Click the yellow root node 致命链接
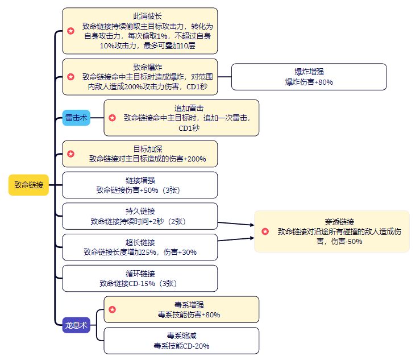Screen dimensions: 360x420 [28, 185]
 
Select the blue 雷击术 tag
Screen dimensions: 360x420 [76, 118]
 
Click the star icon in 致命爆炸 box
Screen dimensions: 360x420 [70, 76]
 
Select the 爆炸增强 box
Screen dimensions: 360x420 [309, 76]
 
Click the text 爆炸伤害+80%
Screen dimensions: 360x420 [309, 82]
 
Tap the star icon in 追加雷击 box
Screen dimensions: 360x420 [113, 118]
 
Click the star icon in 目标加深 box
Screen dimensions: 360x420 [70, 154]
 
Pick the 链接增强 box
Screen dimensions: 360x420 [139, 185]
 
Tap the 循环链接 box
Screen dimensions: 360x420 [139, 278]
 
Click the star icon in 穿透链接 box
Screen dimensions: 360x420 [265, 231]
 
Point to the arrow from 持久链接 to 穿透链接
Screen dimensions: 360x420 [236, 224]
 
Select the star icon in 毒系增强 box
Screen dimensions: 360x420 [113, 309]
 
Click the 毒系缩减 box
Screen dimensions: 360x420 [181, 341]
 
